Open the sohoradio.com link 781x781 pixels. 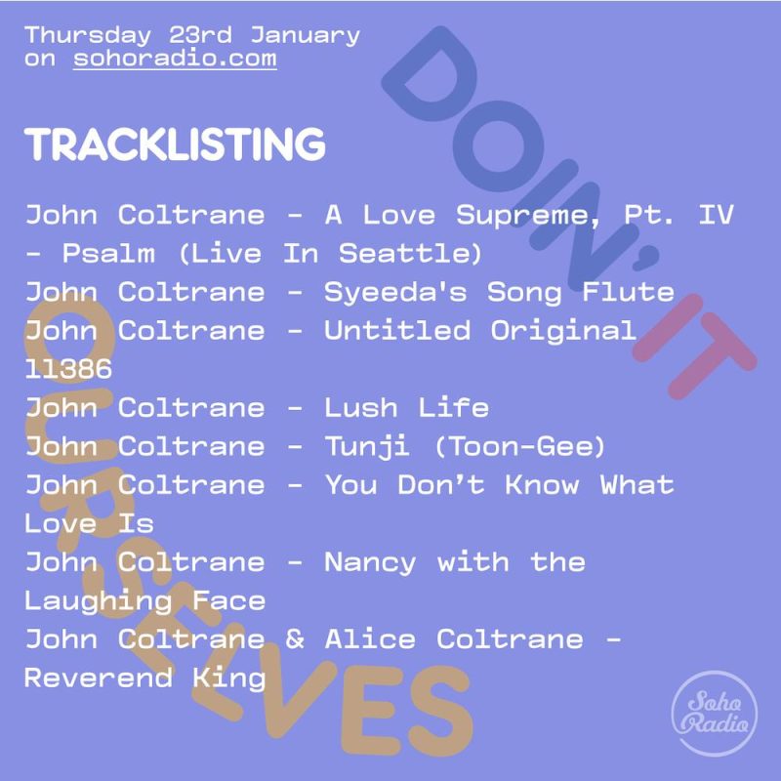tap(175, 59)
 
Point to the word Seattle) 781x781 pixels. tap(411, 254)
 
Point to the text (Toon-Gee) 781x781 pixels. tap(520, 446)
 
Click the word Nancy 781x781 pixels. tap(370, 562)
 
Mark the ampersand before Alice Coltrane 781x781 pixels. tap(295, 639)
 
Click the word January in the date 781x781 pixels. tap(305, 35)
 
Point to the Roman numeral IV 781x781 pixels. tap(715, 215)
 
